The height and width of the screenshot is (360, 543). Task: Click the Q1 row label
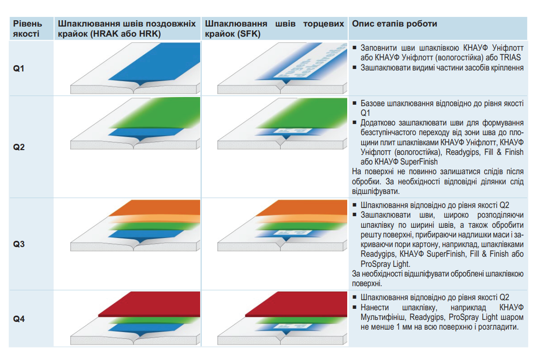click(x=19, y=69)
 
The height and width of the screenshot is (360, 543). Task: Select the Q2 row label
click(x=19, y=147)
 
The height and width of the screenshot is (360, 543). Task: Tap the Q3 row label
click(x=19, y=244)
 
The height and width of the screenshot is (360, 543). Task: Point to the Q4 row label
click(x=19, y=318)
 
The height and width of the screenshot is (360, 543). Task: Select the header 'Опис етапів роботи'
click(x=395, y=24)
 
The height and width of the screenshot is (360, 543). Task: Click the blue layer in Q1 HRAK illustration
click(x=159, y=60)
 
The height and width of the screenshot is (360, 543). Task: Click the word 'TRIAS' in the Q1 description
click(x=513, y=57)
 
